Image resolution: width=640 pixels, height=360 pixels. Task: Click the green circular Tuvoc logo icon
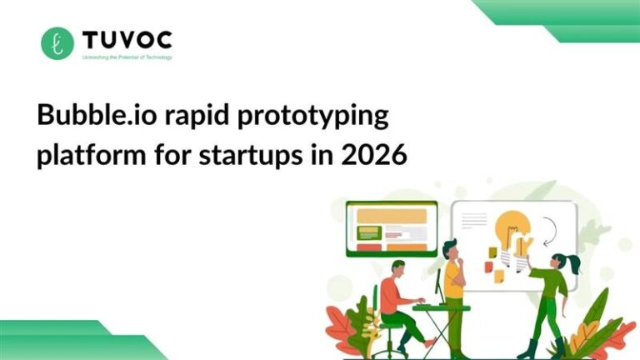[57, 43]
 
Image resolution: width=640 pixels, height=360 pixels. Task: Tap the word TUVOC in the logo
[127, 39]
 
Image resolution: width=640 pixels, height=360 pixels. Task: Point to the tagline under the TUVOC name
[127, 58]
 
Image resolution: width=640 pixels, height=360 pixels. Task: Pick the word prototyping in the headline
[312, 117]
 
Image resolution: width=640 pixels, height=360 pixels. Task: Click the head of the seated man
[398, 268]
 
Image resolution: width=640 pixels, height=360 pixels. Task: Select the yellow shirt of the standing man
[454, 279]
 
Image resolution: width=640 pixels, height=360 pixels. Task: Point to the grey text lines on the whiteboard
[473, 220]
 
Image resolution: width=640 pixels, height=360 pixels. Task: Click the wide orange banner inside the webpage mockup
[391, 216]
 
